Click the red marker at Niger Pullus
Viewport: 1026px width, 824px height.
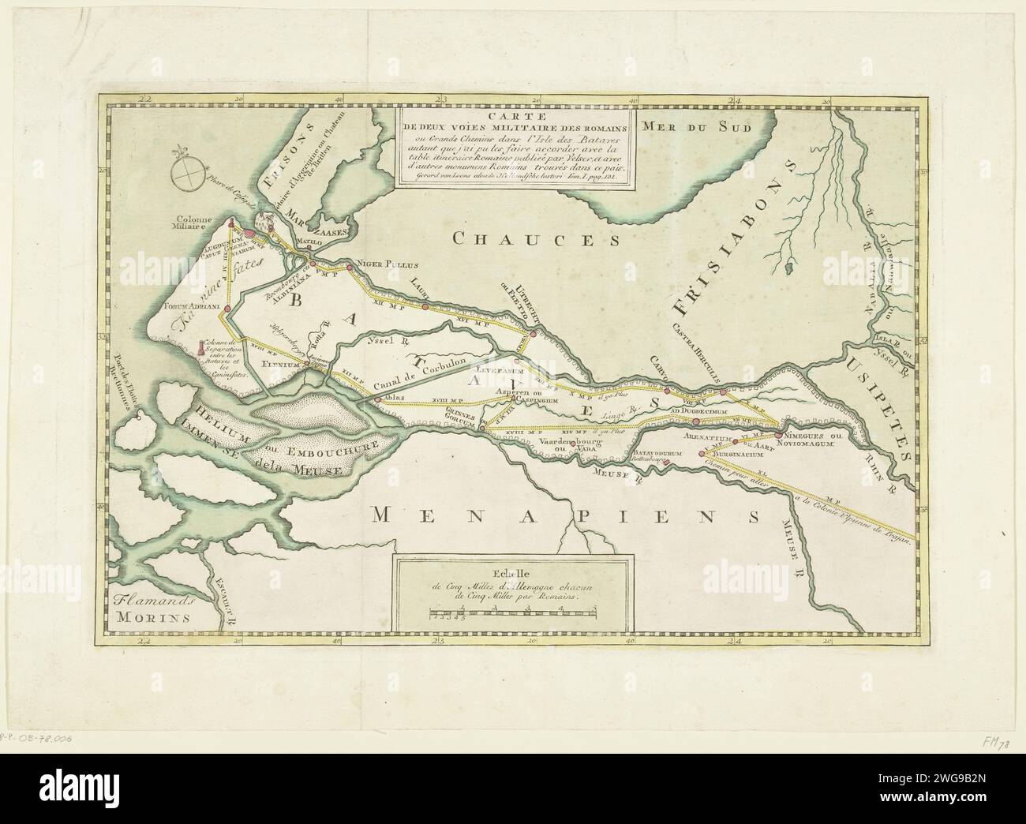pyautogui.click(x=350, y=268)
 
